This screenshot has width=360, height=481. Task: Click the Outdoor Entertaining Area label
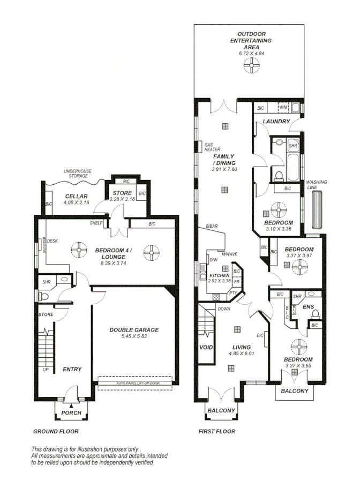point(251,40)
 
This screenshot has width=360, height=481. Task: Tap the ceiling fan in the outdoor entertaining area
point(250,66)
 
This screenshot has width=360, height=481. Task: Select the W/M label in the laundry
point(283,108)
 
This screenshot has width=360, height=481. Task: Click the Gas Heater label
point(209,147)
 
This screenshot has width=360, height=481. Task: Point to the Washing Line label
point(317,185)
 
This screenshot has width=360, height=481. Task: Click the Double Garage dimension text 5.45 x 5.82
point(134,336)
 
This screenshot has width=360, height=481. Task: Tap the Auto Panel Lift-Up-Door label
point(135,384)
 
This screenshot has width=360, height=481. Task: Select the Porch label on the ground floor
point(71,413)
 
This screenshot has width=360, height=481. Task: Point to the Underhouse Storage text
point(78,174)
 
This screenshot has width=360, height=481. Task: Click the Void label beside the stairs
point(205,348)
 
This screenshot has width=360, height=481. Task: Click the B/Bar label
point(212,227)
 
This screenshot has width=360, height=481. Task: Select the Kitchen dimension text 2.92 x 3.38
point(220,280)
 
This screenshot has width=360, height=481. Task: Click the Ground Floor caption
point(56,431)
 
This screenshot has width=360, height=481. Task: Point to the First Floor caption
point(216,431)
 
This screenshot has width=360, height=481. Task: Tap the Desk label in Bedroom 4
point(52,241)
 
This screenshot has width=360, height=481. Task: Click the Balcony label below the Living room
point(221,410)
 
